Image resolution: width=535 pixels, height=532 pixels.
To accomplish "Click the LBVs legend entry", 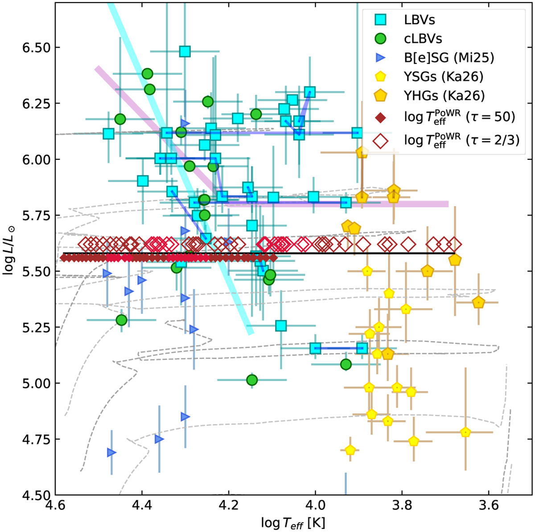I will pos(419,20).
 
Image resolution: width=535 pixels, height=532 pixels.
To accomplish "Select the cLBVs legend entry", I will pos(423,39).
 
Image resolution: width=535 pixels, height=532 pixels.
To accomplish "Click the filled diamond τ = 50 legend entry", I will pos(459,117).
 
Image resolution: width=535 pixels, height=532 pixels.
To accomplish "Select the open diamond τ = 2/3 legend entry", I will pos(461,140).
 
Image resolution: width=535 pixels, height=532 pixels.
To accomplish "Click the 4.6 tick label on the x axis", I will pos(55,507).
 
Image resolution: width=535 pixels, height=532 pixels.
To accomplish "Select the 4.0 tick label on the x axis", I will pos(315,507).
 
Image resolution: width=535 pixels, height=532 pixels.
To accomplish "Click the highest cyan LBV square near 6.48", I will pos(185,51).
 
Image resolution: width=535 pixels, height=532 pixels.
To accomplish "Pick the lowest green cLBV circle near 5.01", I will pos(252,380).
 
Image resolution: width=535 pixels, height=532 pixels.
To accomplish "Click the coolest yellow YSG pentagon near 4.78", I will pos(466,432).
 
